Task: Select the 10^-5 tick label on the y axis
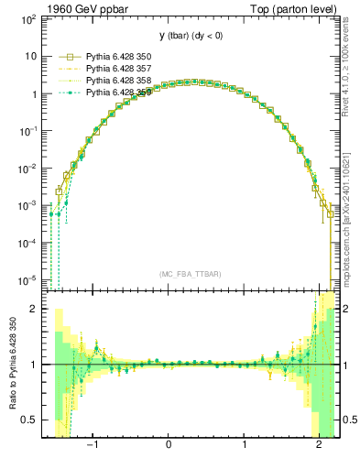pos(27,279)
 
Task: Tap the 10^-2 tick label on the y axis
pos(27,168)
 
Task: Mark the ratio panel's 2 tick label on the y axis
pos(33,309)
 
